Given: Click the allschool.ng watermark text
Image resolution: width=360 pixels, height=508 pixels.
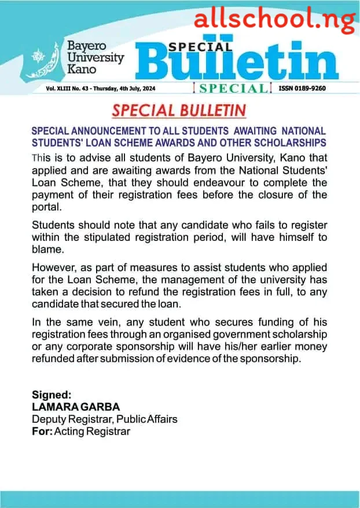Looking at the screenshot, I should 274,20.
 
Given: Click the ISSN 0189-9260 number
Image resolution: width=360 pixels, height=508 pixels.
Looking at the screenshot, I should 302,89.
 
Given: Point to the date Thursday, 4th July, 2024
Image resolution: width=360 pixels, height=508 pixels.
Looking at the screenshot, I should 127,89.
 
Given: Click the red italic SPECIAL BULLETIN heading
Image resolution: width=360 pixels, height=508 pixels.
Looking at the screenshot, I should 179,111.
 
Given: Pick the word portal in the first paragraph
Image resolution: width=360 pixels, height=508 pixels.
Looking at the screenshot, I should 45,206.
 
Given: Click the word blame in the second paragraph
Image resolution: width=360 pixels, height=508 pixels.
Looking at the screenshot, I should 46,249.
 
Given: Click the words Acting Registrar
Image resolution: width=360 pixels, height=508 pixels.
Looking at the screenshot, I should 91,431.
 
